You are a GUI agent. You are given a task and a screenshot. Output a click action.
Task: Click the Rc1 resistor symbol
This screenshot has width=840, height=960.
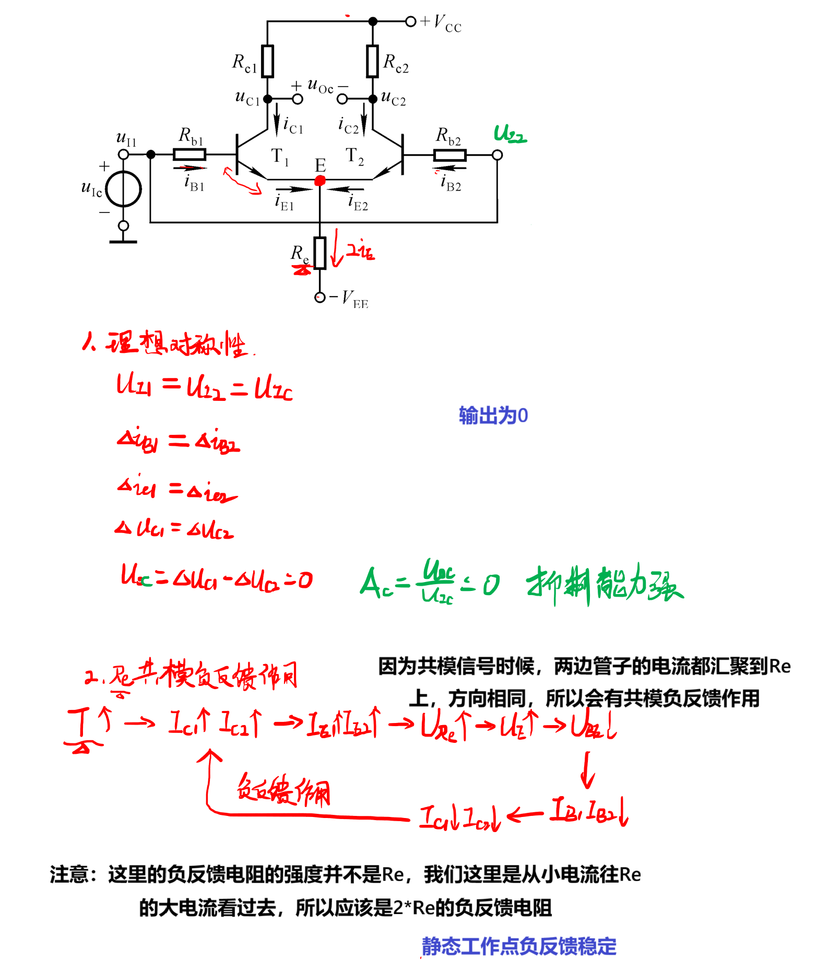click(x=267, y=62)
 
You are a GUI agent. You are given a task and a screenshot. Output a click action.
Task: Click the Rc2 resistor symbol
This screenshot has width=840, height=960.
click(x=372, y=62)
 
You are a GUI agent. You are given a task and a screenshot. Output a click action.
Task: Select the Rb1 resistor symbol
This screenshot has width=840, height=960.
click(x=190, y=155)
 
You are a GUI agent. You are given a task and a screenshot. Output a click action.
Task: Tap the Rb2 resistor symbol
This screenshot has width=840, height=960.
click(x=449, y=155)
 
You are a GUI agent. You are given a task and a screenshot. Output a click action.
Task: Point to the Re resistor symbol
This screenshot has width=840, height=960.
click(x=320, y=253)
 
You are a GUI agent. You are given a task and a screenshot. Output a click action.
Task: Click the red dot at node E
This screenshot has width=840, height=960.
click(x=320, y=181)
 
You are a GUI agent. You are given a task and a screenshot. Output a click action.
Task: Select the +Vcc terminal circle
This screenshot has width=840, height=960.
click(x=411, y=21)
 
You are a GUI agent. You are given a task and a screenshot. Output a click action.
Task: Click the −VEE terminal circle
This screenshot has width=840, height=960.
click(x=320, y=298)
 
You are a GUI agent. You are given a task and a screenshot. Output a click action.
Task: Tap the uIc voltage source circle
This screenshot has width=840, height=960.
click(x=124, y=189)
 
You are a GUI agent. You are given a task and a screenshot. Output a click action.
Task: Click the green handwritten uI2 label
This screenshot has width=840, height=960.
click(x=510, y=135)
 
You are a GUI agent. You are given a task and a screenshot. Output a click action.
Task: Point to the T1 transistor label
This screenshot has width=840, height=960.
click(x=279, y=156)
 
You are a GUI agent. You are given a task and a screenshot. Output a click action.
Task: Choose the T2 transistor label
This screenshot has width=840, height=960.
click(x=354, y=156)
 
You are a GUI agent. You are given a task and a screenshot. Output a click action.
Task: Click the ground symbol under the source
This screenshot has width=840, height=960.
click(x=123, y=242)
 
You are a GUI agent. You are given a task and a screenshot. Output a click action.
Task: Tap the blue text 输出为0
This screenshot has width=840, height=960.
click(x=493, y=416)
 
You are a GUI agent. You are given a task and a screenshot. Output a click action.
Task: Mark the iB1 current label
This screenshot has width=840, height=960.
click(x=194, y=183)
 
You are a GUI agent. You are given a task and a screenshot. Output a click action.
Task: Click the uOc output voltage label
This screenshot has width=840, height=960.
click(x=320, y=86)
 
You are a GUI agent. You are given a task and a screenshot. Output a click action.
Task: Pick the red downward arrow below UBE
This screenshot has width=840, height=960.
click(x=588, y=769)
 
